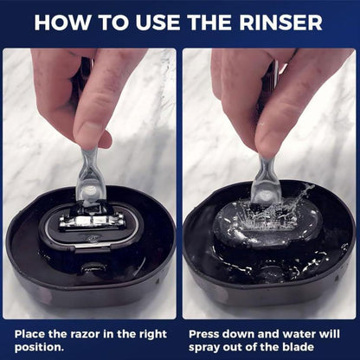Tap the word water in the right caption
point(308,331)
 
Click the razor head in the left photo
point(91,220)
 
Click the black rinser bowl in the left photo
point(43,260)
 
